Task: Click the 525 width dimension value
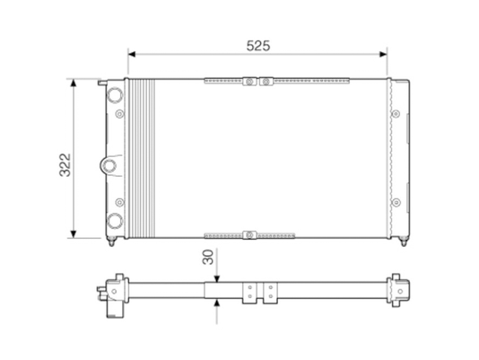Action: point(258,46)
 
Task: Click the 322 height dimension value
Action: point(65,165)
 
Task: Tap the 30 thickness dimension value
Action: point(208,257)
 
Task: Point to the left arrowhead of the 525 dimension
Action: point(132,54)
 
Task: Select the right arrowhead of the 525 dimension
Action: point(383,54)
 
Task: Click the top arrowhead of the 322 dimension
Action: point(73,83)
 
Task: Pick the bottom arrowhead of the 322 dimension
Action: point(73,233)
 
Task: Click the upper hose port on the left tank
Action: point(115,94)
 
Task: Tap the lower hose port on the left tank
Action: point(115,221)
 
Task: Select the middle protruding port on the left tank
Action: point(109,166)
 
